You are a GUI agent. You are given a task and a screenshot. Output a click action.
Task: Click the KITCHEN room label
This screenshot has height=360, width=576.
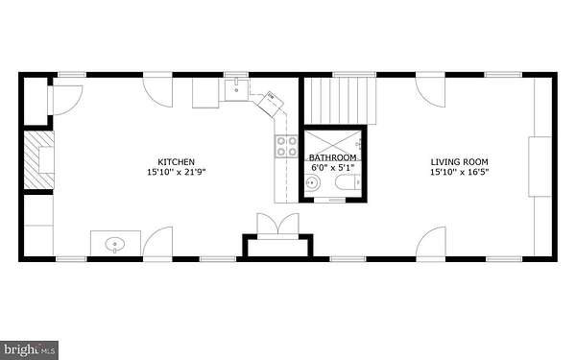(176, 162)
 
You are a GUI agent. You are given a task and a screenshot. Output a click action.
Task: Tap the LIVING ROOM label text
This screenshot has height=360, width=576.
(459, 162)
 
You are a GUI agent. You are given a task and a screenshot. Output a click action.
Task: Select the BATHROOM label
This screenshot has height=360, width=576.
(333, 157)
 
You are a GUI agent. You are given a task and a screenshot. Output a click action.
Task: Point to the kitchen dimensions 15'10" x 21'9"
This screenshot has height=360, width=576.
(176, 172)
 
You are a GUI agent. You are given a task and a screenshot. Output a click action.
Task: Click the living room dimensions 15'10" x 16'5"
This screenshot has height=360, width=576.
(459, 172)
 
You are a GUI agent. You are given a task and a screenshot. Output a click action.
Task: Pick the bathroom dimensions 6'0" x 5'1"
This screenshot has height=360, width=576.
(333, 167)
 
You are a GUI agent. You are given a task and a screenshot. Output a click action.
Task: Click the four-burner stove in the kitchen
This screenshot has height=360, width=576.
(286, 146)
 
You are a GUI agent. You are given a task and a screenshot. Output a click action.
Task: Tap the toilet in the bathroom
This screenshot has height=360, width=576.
(348, 182)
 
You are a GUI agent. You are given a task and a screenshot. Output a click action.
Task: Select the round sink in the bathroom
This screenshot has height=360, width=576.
(313, 182)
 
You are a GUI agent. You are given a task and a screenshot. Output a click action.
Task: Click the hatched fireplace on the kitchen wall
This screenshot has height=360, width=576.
(39, 159)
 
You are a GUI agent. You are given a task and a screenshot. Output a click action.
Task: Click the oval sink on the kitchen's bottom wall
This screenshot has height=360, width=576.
(115, 244)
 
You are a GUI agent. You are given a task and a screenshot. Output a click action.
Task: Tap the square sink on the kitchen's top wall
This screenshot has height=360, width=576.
(236, 89)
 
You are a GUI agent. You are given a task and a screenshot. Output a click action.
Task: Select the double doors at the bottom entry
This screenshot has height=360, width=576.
(278, 224)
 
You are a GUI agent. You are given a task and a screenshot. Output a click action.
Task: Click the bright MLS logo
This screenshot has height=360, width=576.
(29, 350)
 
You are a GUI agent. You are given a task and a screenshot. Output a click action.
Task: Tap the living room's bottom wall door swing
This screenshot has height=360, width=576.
(430, 241)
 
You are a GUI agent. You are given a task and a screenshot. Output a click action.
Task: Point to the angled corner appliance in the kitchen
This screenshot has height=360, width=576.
(271, 105)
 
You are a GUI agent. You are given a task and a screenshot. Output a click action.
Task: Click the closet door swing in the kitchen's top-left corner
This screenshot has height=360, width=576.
(67, 100)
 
